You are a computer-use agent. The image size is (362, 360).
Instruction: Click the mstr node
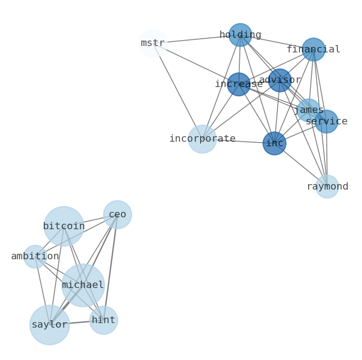[x=153, y=43]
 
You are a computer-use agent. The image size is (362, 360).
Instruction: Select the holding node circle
[x=240, y=35]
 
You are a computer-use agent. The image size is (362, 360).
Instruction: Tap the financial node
[x=314, y=50]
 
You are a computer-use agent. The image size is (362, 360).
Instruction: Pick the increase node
[x=239, y=84]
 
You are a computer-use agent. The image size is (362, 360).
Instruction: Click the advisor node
[x=280, y=80]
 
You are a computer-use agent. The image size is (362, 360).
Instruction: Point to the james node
[x=309, y=110]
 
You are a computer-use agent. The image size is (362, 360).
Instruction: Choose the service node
[x=326, y=122]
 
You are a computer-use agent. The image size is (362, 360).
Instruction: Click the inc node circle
[x=274, y=144]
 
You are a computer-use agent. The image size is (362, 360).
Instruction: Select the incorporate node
[x=202, y=139]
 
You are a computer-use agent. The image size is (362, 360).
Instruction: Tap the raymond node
[x=327, y=187]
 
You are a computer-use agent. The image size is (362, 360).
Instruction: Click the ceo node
[x=118, y=215]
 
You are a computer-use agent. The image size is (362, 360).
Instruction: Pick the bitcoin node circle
[x=64, y=226]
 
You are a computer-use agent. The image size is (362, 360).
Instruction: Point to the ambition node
[x=35, y=257]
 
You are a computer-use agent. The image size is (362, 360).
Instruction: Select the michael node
[x=83, y=285]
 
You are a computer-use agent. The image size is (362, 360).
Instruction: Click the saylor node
[x=50, y=325]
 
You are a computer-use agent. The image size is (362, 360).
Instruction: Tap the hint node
[x=104, y=320]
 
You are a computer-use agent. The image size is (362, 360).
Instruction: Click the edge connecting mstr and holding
[x=196, y=39]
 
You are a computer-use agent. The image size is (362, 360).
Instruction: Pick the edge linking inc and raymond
[x=301, y=165]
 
